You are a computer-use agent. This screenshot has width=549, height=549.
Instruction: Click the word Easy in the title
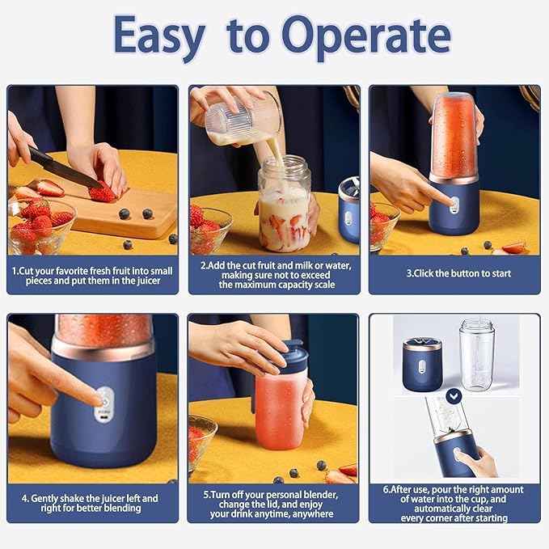coord(160,36)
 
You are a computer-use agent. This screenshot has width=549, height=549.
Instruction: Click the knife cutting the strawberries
coord(65,168)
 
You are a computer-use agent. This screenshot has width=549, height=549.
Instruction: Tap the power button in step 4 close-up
coord(103,398)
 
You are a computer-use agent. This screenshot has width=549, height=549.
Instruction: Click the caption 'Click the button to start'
coord(458,273)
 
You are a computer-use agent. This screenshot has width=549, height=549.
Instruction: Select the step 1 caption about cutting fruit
coord(92,273)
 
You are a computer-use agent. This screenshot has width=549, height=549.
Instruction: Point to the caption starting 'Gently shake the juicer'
coord(92,503)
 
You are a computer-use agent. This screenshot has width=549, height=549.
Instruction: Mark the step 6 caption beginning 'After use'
coord(454,503)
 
